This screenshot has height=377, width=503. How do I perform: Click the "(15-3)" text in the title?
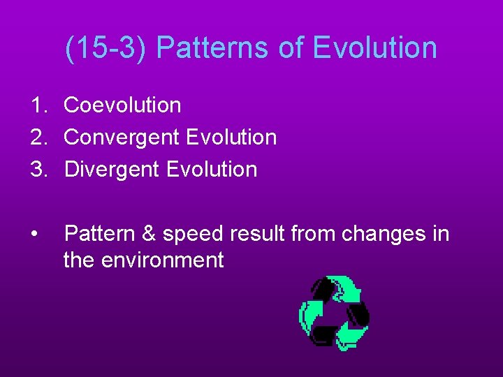click(106, 48)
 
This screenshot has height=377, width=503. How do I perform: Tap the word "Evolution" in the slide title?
click(375, 48)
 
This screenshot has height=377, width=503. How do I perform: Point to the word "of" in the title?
click(293, 48)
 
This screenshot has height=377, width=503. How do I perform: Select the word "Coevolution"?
click(122, 105)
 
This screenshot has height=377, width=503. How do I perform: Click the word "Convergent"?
click(122, 138)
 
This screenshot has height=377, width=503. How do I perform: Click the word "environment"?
click(163, 260)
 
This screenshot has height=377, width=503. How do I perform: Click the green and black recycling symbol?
click(334, 312)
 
